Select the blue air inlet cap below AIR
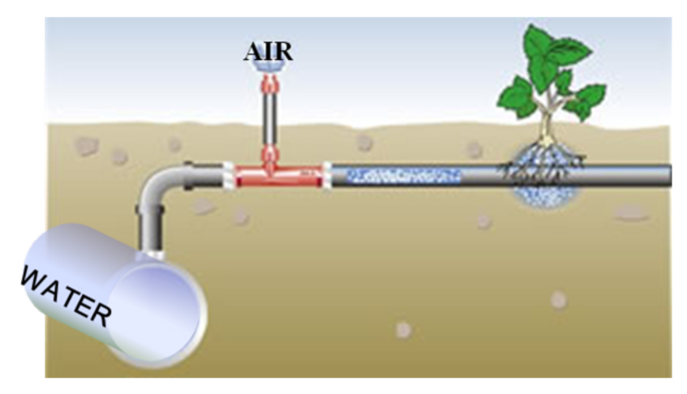268,70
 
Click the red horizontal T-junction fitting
276,173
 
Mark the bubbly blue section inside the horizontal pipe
397,173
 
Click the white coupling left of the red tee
229,174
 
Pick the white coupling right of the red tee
327,173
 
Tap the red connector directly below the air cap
268,84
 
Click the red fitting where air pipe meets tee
268,154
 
